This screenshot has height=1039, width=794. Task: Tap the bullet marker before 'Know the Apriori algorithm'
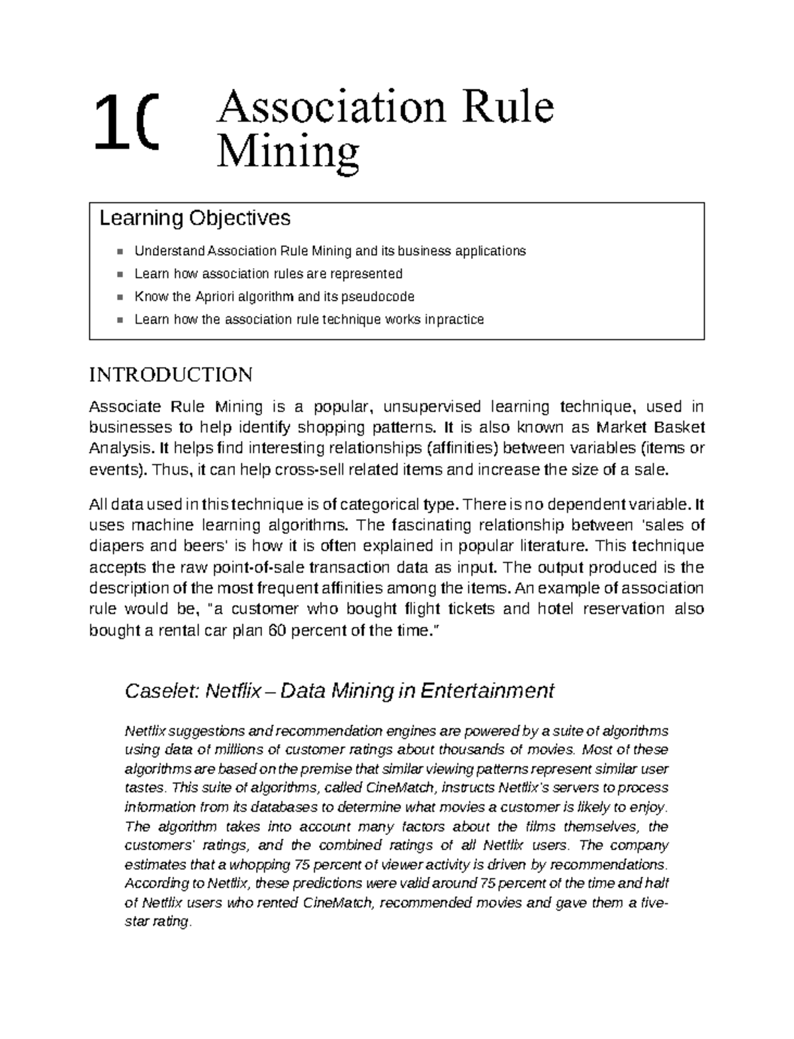coord(120,297)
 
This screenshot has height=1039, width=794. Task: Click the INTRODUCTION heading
coord(170,375)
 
